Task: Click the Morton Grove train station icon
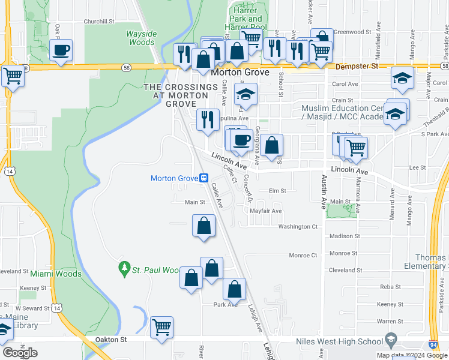tap(204, 178)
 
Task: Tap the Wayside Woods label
tap(141, 38)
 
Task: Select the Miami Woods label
tap(56, 274)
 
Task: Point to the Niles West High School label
tap(340, 341)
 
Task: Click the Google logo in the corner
tap(20, 352)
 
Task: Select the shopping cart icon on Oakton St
tap(161, 328)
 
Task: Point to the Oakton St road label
tap(111, 340)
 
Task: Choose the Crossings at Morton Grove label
tap(180, 95)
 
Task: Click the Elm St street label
tap(278, 191)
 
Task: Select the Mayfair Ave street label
tap(265, 211)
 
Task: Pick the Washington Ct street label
tap(297, 227)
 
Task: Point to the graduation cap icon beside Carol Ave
tap(402, 78)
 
